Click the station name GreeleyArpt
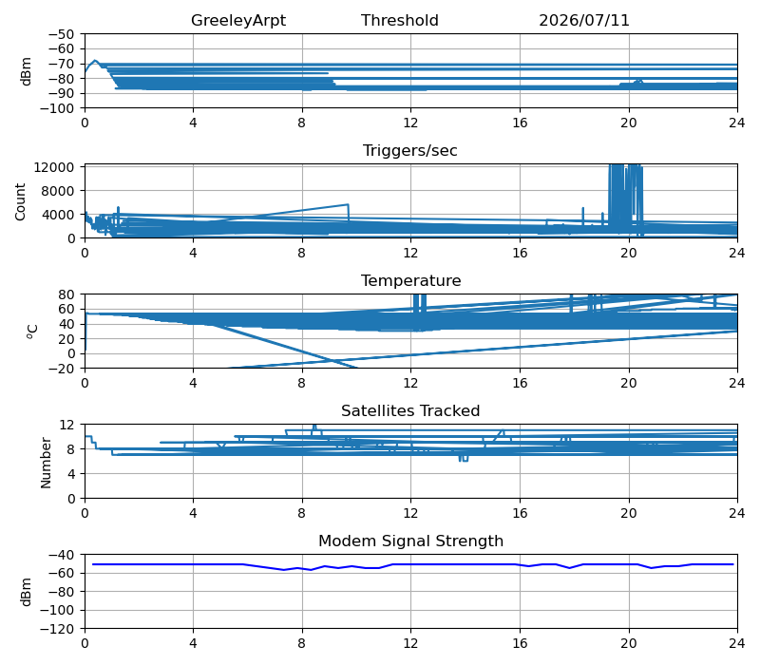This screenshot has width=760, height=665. click(x=238, y=20)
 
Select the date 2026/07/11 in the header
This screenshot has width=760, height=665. click(x=584, y=20)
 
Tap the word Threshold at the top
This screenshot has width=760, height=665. click(x=400, y=20)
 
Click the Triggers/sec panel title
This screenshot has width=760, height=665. click(x=410, y=151)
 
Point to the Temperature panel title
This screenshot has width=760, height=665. click(x=411, y=280)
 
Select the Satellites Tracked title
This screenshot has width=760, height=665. click(x=410, y=411)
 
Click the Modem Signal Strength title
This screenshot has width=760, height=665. click(x=411, y=541)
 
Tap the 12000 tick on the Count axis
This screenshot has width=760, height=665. click(x=54, y=167)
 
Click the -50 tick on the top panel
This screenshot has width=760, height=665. click(x=61, y=34)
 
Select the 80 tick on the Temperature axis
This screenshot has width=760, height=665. click(x=67, y=294)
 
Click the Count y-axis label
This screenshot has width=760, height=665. click(x=20, y=202)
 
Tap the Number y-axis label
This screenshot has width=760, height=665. click(x=46, y=463)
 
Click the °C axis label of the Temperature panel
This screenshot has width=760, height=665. click(x=32, y=332)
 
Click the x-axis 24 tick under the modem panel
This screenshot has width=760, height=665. click(x=737, y=644)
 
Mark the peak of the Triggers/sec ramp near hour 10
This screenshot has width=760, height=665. click(x=348, y=204)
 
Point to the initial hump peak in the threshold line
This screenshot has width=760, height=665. click(x=95, y=61)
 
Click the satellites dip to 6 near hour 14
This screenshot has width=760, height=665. click(x=464, y=460)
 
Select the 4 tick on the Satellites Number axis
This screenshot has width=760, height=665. click(x=72, y=474)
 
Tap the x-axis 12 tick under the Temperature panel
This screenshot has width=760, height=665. click(x=410, y=384)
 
